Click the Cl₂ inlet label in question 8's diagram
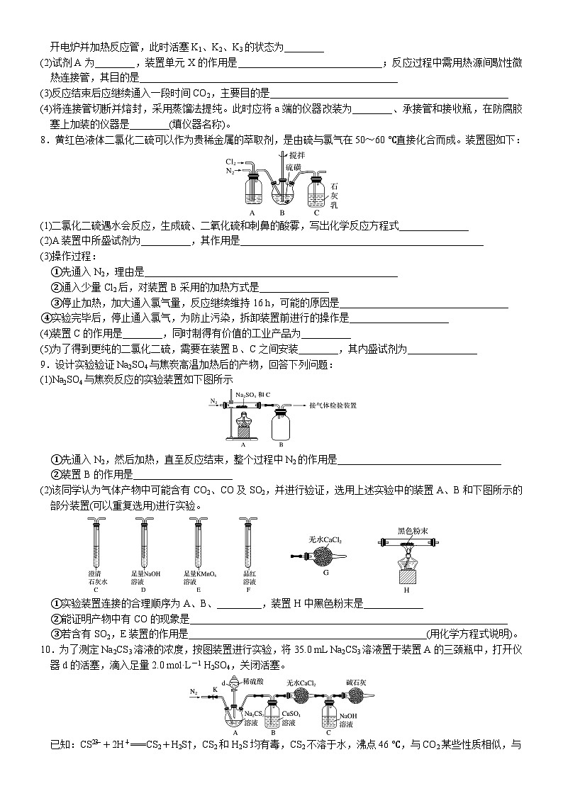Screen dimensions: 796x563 (x=230, y=162)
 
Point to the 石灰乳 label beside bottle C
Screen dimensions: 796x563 (x=334, y=196)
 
